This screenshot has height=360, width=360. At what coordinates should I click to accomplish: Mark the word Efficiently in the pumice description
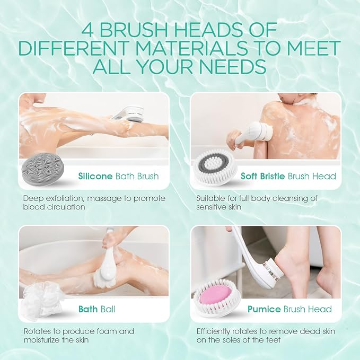pos(213,331)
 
